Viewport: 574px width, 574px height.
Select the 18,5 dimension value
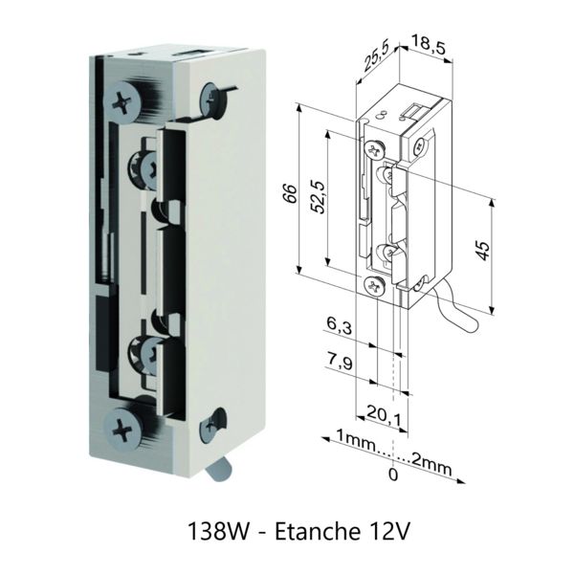pos(429,44)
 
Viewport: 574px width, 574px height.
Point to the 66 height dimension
pos(290,193)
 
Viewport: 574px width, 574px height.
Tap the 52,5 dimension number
pos(318,197)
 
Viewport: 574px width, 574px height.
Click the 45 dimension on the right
pos(483,251)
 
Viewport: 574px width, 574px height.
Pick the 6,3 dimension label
pos(340,325)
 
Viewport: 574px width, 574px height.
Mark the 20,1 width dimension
pos(384,415)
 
